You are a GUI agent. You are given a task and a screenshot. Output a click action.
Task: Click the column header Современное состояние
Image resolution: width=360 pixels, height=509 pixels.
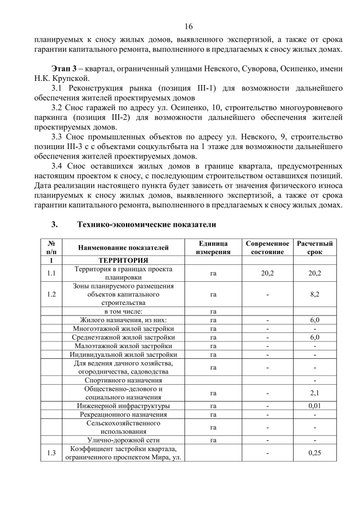point(268,247)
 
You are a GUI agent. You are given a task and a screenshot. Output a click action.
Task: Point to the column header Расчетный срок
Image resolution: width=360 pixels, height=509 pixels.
point(314,247)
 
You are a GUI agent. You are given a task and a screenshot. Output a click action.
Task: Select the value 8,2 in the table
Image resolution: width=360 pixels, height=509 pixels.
point(314,294)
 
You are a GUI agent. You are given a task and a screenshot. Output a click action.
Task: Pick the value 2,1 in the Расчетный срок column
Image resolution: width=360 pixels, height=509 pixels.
point(314,393)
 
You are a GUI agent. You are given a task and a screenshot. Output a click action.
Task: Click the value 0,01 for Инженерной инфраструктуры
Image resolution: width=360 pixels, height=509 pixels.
point(314,406)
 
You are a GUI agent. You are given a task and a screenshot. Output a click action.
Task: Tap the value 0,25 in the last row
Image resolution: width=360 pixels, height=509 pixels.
point(314,453)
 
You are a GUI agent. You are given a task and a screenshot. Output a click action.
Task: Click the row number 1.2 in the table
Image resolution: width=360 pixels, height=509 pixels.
point(51,294)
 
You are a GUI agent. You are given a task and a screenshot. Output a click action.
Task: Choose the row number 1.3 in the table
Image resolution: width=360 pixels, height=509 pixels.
point(51,453)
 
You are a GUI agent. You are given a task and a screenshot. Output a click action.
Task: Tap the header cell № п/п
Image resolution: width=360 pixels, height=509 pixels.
point(51,247)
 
